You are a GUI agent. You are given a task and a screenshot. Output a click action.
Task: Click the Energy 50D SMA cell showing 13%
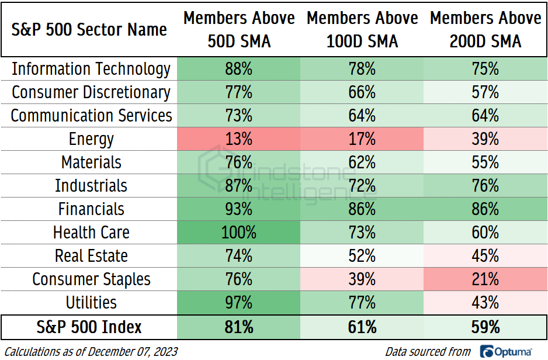click(239, 139)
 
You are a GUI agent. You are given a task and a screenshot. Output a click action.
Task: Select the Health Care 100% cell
click(239, 233)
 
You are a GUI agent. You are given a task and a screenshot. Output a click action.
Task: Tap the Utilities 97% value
click(239, 303)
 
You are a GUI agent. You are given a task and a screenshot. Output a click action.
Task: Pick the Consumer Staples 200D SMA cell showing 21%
click(485, 279)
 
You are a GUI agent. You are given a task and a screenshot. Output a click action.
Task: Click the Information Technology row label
click(91, 69)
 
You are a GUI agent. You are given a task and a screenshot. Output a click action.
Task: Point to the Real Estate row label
click(91, 256)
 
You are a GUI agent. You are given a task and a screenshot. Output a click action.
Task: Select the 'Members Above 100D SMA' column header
click(362, 30)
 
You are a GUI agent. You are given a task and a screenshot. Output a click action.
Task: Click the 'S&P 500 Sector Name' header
click(89, 30)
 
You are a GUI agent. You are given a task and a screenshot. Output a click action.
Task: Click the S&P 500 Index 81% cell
click(239, 327)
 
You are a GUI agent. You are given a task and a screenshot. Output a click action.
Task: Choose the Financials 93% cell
click(239, 209)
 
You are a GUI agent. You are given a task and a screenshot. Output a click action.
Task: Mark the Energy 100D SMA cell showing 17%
click(362, 139)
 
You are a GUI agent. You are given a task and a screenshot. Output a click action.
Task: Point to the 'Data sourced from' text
click(428, 351)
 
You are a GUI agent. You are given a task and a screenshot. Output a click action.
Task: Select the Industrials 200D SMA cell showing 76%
click(485, 186)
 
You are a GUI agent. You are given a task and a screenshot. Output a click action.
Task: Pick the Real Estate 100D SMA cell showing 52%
click(362, 256)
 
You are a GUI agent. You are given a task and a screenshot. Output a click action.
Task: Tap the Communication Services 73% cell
click(239, 116)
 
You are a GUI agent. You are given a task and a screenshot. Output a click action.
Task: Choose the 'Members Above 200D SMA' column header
click(485, 30)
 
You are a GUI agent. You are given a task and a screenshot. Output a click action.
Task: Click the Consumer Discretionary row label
click(91, 92)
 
